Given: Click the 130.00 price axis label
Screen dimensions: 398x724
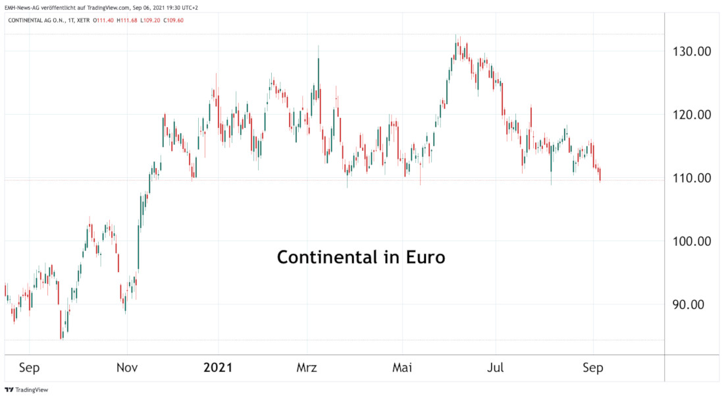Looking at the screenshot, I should point(696,51).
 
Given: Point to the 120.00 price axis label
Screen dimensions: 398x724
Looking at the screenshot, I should point(696,115).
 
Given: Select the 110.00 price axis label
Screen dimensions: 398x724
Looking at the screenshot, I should point(696,178).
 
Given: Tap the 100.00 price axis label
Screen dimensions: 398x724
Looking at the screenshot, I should point(696,241).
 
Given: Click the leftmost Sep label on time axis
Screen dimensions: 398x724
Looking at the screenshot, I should point(30,368).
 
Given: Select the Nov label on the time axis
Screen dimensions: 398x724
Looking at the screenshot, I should point(127,368).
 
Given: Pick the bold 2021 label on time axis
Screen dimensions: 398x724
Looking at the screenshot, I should point(218,368).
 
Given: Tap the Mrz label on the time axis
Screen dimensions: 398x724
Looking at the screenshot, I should point(307,368).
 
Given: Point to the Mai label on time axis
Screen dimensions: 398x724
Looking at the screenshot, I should point(401,368).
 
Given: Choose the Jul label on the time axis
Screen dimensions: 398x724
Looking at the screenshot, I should point(496,368).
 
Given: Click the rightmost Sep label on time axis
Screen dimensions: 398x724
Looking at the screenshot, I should point(592,368).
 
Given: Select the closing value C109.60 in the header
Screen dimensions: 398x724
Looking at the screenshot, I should point(173,20).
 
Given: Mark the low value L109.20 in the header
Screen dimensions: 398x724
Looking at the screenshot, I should point(150,20).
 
